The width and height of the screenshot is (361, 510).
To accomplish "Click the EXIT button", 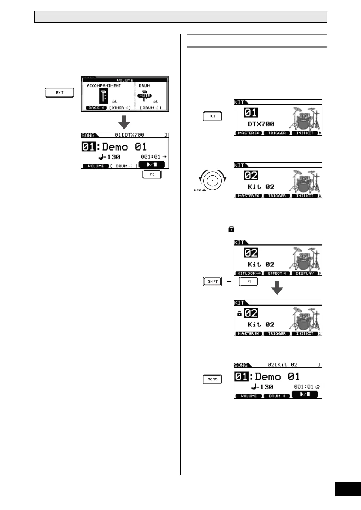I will (59, 93).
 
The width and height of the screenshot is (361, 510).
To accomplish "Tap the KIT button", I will (213, 116).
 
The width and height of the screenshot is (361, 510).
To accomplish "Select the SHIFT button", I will (212, 281).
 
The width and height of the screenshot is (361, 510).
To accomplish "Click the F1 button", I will (249, 281).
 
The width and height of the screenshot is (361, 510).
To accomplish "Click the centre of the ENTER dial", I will (212, 180).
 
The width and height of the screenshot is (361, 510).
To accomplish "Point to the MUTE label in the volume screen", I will (144, 96).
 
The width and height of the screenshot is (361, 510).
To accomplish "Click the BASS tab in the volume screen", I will (96, 108).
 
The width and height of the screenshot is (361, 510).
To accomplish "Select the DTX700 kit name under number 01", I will (261, 124).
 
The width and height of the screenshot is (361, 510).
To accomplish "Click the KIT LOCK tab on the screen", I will (249, 273).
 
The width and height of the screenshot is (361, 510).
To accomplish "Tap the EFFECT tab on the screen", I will (277, 273).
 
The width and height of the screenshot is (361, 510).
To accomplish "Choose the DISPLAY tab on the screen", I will (305, 273).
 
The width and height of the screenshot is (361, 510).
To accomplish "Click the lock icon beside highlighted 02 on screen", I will (239, 314).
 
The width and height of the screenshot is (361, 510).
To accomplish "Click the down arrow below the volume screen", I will (124, 122).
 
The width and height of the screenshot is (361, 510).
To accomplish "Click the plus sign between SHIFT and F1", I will (229, 282).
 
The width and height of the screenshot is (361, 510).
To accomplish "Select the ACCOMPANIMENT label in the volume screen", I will (104, 86).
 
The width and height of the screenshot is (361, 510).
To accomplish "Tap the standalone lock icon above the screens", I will (231, 229).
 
